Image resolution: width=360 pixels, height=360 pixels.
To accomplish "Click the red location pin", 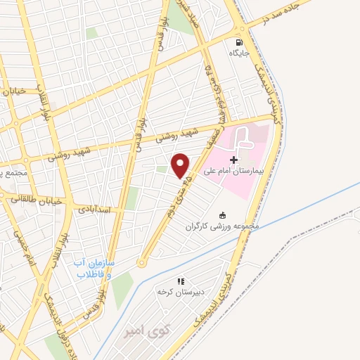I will [181, 166].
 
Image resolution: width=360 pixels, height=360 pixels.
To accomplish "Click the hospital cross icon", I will [233, 160].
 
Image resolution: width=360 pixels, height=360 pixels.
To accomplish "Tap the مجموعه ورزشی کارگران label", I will [223, 226].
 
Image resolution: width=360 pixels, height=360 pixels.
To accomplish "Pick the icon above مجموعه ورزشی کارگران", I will [224, 215].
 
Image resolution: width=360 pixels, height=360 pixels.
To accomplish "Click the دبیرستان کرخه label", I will [174, 291].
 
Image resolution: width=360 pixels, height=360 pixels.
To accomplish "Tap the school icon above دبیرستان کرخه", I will [180, 281].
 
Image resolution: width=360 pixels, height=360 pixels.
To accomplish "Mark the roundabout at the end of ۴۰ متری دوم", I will [141, 263].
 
